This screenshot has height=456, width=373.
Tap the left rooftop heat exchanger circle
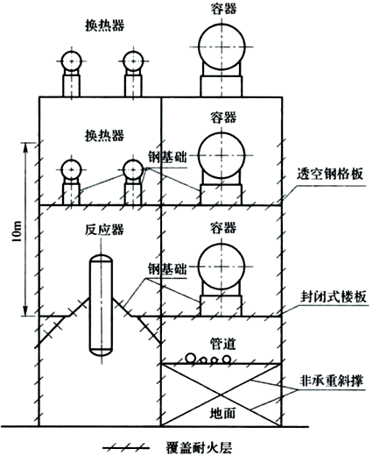click(x=71, y=60)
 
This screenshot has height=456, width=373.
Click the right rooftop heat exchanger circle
click(x=133, y=60)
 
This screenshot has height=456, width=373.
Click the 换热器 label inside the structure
click(x=101, y=136)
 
